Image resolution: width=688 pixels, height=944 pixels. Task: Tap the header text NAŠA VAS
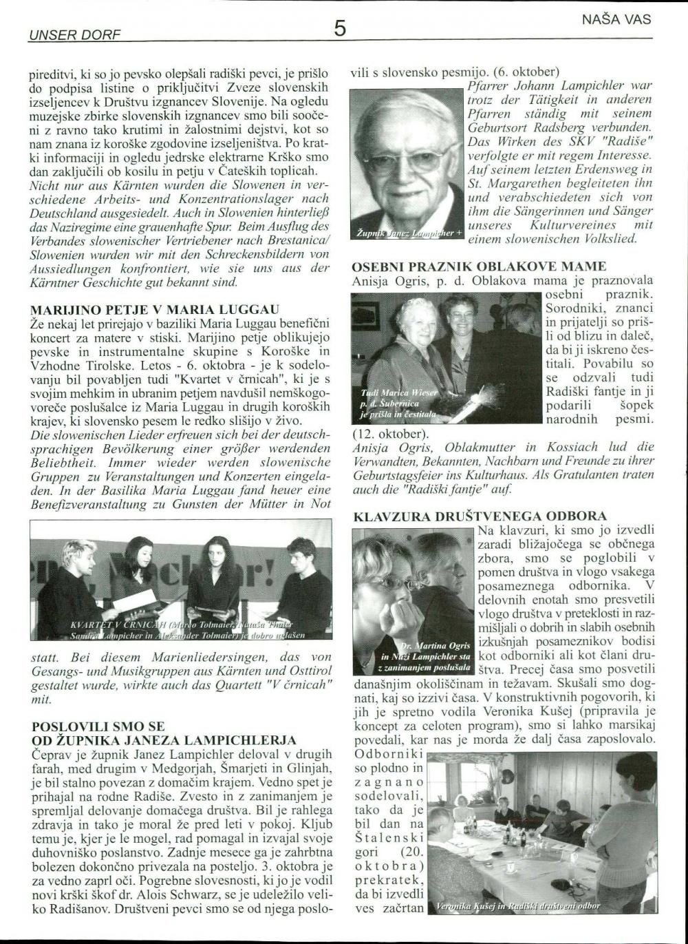point(616,20)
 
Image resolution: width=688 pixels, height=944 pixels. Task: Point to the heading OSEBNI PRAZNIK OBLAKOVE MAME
point(479,266)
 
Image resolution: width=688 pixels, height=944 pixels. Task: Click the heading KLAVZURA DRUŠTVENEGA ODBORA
point(480,516)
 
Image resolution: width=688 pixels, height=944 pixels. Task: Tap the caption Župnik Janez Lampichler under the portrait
point(406,235)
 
